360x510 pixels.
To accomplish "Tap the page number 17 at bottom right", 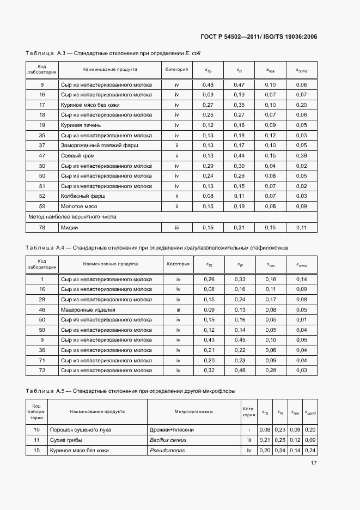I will point(314,463).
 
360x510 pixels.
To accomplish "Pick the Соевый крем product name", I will point(77,156).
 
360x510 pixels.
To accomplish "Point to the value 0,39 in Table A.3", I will point(301,156).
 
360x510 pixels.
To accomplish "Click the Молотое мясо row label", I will point(78,207).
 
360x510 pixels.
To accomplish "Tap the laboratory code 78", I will point(42,227).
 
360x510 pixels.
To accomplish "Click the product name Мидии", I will point(69,227).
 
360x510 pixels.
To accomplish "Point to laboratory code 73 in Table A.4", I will point(42,371).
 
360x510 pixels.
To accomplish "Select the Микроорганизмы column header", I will point(193,412).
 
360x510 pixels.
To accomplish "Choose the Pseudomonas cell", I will point(167,450).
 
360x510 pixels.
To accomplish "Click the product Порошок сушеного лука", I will point(80,429).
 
